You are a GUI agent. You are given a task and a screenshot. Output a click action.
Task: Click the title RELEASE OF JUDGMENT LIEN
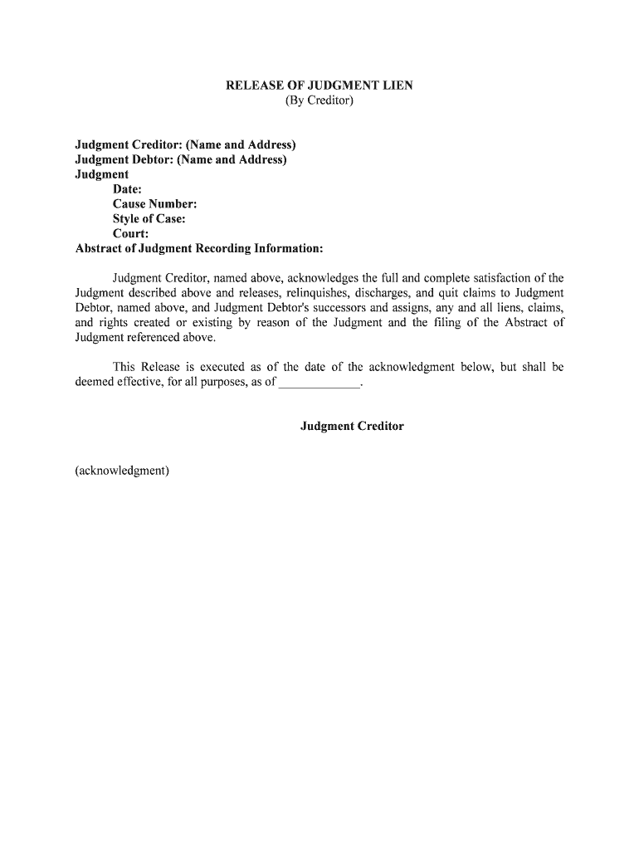(319, 85)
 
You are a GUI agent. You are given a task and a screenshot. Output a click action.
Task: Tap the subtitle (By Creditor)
(319, 101)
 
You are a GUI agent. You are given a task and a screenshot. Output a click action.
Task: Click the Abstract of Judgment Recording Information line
(199, 249)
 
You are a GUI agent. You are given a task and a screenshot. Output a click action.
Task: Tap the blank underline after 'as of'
(319, 383)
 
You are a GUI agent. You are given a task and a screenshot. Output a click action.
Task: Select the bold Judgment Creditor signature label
(352, 427)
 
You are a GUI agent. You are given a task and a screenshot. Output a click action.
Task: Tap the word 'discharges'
(381, 293)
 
